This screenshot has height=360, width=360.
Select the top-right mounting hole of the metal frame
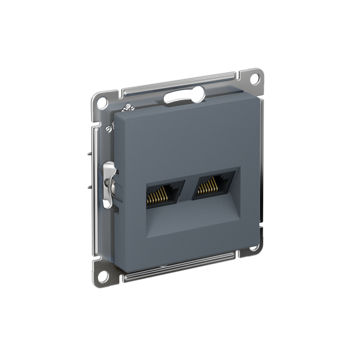pos(254,77)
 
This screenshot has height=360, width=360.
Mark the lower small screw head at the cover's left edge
pos(108,129)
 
